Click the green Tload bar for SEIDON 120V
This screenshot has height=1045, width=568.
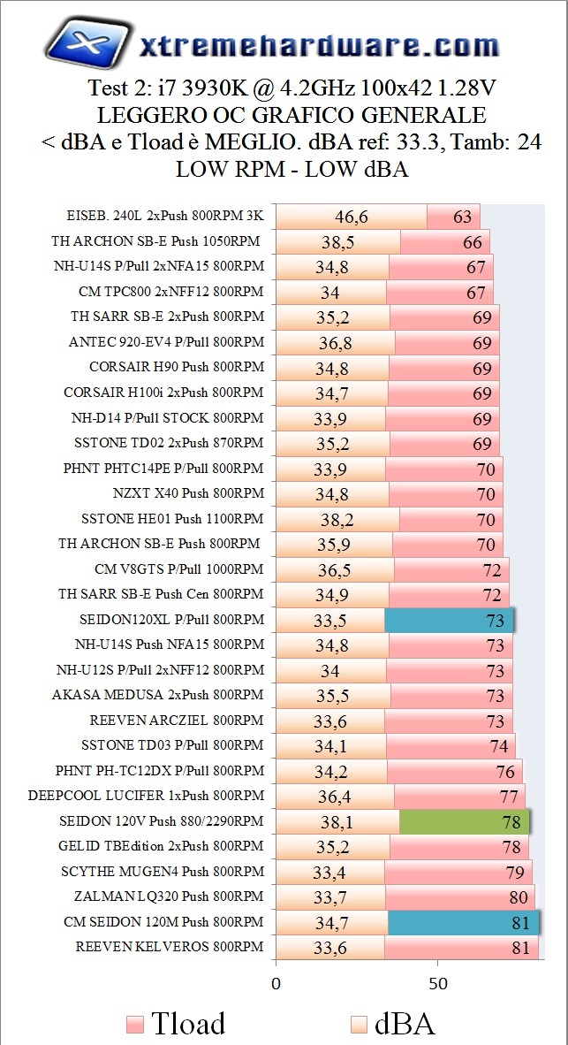click(x=464, y=822)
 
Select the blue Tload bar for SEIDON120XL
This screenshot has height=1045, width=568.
click(x=449, y=621)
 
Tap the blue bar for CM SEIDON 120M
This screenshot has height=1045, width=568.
click(x=463, y=923)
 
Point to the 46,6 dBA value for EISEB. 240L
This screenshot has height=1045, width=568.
click(x=352, y=217)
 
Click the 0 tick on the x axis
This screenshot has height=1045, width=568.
click(x=276, y=983)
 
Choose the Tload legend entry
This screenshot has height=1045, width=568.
click(x=177, y=1024)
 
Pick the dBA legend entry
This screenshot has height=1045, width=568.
click(x=392, y=1024)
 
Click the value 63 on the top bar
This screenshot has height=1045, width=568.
click(x=462, y=217)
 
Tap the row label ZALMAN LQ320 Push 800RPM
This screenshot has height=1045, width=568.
click(x=169, y=897)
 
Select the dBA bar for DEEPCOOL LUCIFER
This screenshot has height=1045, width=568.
click(x=335, y=797)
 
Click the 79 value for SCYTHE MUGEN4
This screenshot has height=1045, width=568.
click(x=513, y=873)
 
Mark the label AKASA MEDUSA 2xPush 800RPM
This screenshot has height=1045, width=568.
click(x=157, y=695)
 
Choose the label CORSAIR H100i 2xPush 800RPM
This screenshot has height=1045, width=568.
click(x=163, y=393)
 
